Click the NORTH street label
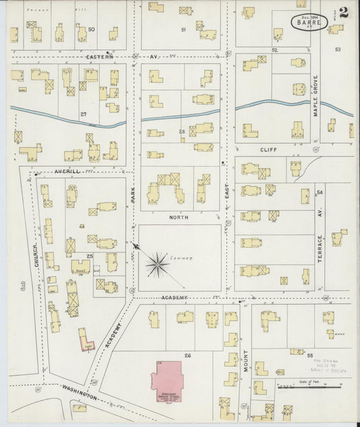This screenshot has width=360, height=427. [179, 217]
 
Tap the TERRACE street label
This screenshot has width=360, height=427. [320, 248]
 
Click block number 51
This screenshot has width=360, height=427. [183, 30]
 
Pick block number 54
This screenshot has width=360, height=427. [319, 193]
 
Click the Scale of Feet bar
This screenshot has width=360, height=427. [317, 387]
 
